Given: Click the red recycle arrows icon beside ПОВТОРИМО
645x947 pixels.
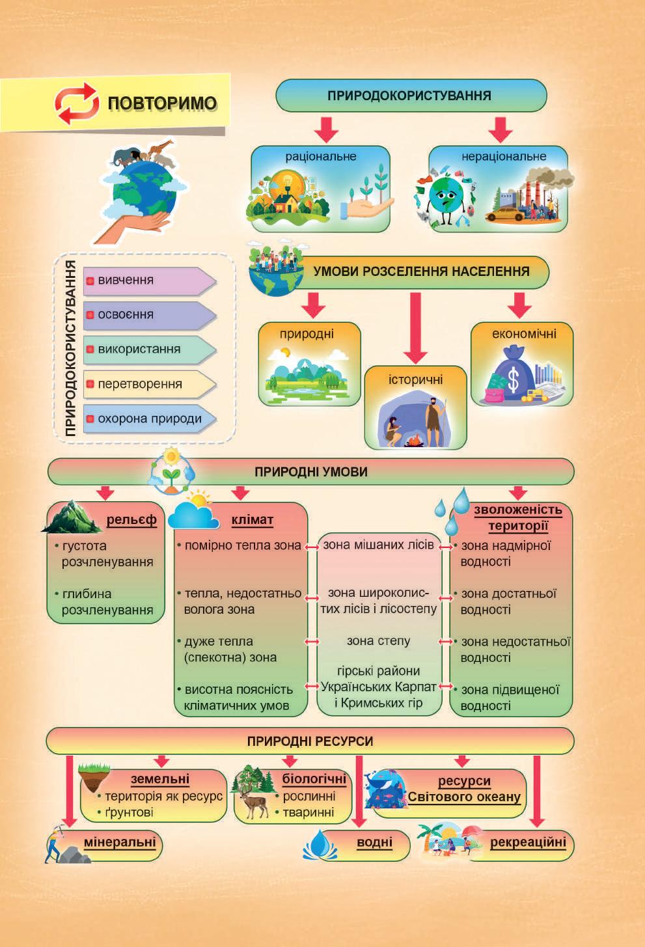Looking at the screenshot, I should [77, 103].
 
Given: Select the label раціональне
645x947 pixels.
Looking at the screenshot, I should [321, 156].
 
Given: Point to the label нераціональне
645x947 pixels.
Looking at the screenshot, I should [504, 156].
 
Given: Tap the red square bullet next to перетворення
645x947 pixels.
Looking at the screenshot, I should [90, 384].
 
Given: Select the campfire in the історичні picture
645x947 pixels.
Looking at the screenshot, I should [413, 441].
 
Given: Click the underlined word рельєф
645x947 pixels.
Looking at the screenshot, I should [131, 519].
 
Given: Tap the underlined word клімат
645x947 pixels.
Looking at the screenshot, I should [252, 519].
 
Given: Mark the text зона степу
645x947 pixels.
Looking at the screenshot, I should [378, 641].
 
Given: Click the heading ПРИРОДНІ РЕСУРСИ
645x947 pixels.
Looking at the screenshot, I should [310, 741].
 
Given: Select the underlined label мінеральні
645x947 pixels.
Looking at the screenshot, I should [120, 842].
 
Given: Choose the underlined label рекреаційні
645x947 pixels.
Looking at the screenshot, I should [528, 842].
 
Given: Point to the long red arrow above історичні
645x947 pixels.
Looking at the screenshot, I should [415, 328].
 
